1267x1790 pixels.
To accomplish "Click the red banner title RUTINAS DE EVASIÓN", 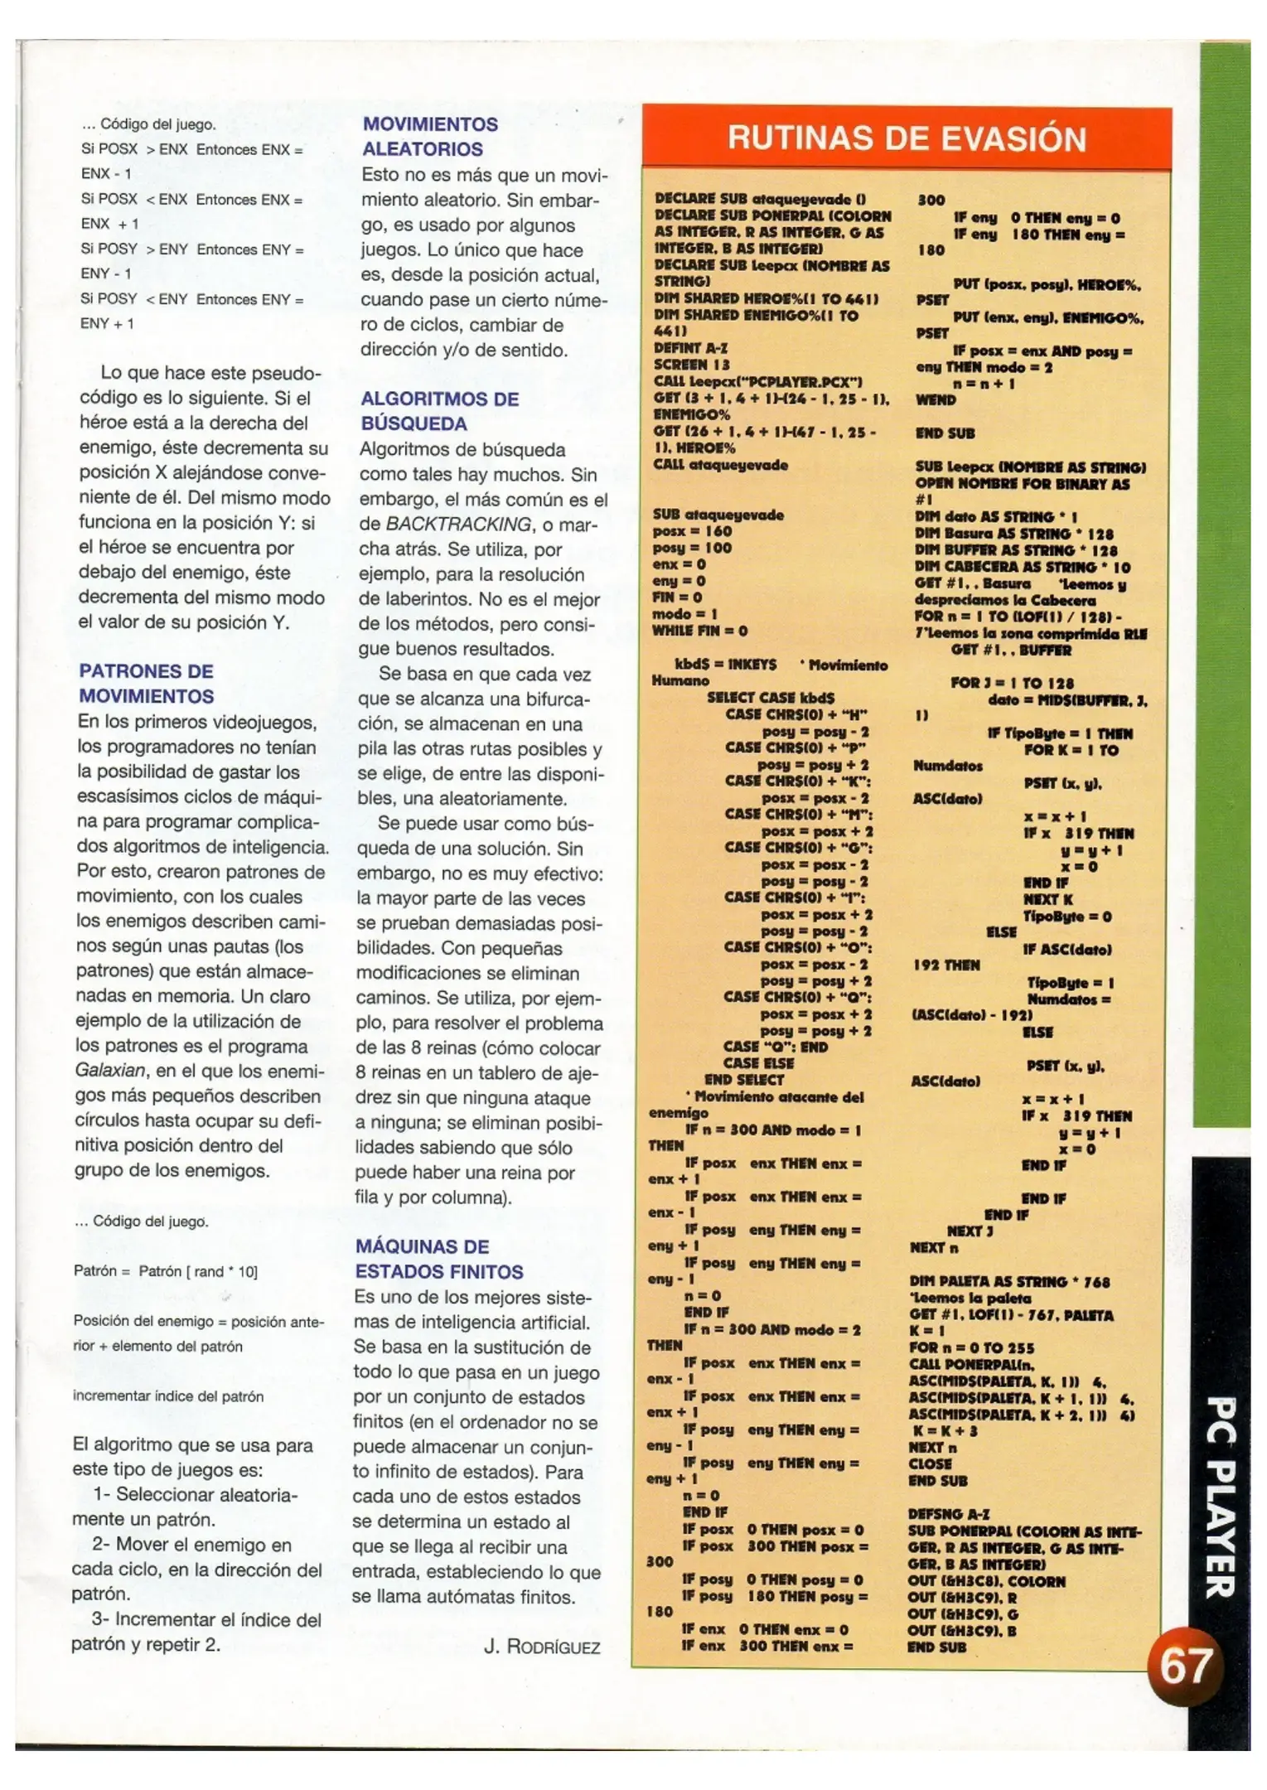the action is click(x=907, y=138).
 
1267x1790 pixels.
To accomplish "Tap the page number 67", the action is click(x=1185, y=1666).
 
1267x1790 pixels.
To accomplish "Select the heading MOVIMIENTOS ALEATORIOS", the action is click(x=430, y=137).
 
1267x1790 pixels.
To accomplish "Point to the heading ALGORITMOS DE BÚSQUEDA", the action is click(x=439, y=411).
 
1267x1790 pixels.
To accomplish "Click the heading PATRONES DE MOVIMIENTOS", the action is click(x=147, y=684).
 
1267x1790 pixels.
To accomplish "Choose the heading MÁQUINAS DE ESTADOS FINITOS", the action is click(x=439, y=1259).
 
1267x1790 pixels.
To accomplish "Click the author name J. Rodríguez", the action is click(x=542, y=1647).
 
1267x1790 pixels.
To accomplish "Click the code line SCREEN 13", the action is click(x=692, y=365).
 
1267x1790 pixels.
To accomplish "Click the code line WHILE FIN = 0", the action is click(x=699, y=631).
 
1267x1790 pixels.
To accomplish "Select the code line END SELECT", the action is click(x=743, y=1080).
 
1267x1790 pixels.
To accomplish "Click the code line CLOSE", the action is click(x=930, y=1463).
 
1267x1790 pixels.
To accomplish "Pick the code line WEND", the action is click(x=936, y=399).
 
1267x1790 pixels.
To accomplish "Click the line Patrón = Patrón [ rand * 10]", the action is click(x=166, y=1271).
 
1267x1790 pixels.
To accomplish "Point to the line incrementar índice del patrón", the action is click(x=168, y=1396).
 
